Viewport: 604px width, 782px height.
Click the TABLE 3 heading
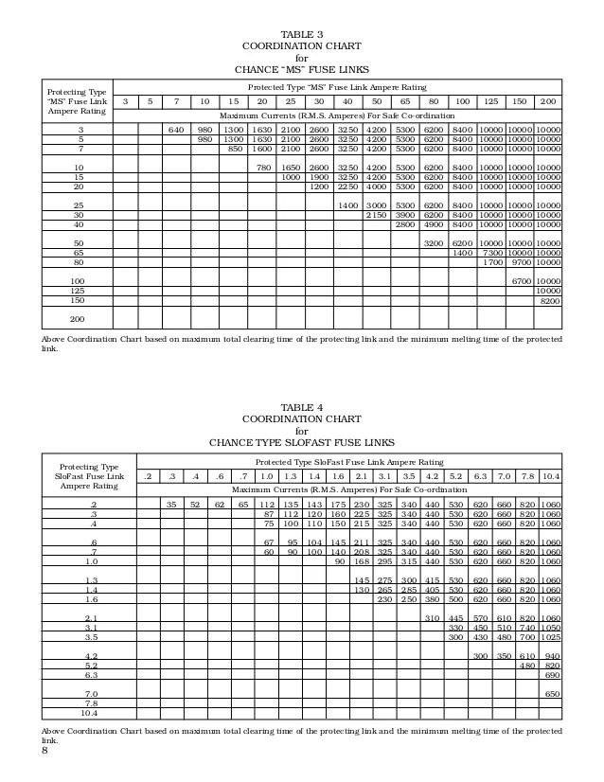tap(302, 32)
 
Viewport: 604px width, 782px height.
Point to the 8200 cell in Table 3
tap(547, 300)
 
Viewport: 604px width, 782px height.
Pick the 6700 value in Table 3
tap(519, 281)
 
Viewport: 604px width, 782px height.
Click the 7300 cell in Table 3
tap(490, 253)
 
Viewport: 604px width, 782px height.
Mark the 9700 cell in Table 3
tap(519, 262)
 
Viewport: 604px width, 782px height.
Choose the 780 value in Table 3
tap(265, 167)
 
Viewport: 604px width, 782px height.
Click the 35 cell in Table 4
tap(171, 505)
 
